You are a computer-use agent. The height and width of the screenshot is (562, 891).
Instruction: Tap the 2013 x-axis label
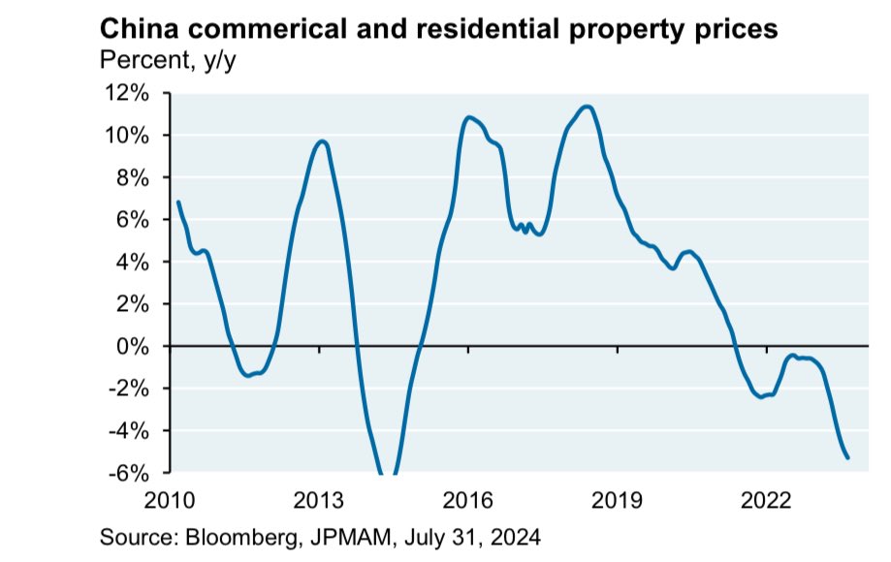click(x=319, y=501)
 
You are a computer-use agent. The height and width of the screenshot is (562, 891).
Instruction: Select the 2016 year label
click(x=468, y=501)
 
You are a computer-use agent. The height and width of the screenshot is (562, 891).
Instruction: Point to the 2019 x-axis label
click(x=618, y=501)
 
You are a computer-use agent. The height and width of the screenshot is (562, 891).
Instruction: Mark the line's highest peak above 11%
click(x=586, y=107)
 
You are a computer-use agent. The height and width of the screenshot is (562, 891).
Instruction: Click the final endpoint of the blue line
click(x=848, y=458)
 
